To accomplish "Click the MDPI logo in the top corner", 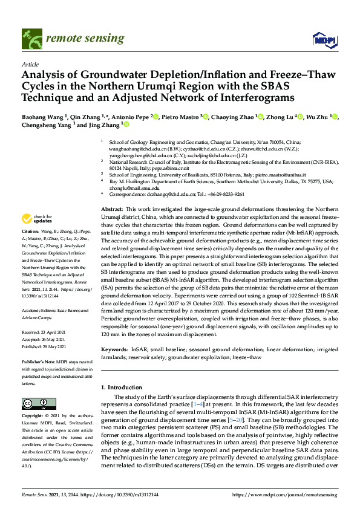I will pyautogui.click(x=325, y=40).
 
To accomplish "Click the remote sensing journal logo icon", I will pyautogui.click(x=30, y=38).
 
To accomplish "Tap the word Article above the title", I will pyautogui.click(x=30, y=63).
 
